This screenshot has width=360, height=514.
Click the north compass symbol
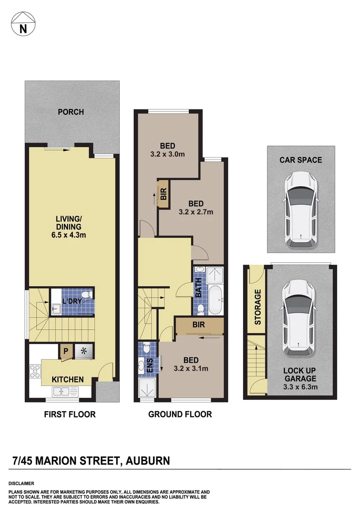pos(22,24)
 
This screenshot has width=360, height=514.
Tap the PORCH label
pos(70,112)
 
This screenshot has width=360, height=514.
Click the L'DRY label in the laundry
pos(71,302)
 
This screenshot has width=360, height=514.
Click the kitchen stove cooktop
pos(35,371)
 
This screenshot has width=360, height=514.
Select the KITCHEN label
pos(68,380)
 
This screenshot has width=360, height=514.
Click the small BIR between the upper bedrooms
pos(163,195)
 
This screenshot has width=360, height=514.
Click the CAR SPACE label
pos(301,160)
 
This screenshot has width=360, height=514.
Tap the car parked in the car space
pos(301,209)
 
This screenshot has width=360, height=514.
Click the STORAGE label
pos(258,307)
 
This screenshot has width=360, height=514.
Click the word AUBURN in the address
pos(148,461)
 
